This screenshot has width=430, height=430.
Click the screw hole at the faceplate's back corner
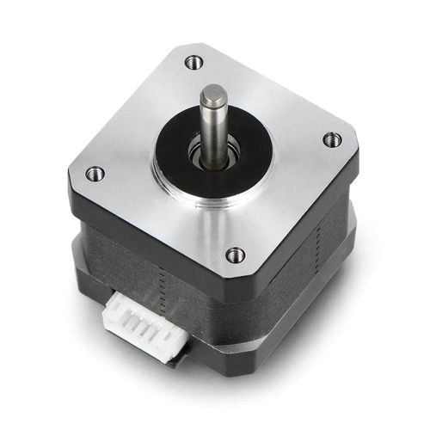[193, 62]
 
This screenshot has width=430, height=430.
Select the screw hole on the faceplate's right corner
[331, 138]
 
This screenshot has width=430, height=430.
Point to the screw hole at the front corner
[235, 254]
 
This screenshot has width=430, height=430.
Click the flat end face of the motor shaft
[213, 93]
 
